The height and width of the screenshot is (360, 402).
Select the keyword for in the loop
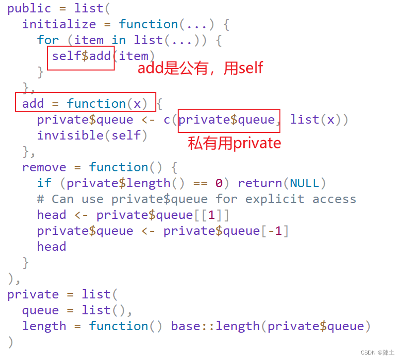pos(48,40)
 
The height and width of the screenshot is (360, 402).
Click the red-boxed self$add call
pos(81,56)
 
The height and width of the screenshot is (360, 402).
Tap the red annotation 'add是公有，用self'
pos(200,68)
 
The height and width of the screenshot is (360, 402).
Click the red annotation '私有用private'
pos(234,144)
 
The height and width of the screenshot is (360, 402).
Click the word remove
pos(44,167)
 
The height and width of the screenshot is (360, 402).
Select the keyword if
pos(44,183)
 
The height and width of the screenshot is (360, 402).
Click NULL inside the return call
pos(305,183)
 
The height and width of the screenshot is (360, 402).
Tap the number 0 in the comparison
pos(219,183)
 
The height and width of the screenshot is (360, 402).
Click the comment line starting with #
pos(197,199)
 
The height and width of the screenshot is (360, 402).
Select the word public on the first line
pos(29,8)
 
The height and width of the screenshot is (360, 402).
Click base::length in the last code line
pos(215,326)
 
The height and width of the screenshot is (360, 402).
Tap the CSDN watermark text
pos(377,353)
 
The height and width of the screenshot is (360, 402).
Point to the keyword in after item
pos(119,40)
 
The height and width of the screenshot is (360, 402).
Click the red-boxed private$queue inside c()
pos(227,120)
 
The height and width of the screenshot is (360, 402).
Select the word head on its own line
pos(52,247)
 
